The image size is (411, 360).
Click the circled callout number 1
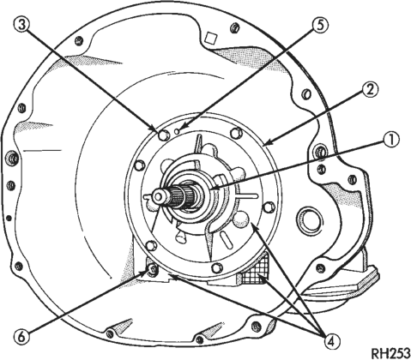390,141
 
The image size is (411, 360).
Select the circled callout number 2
371,91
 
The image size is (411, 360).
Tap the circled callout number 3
22,25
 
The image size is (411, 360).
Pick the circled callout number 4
332,341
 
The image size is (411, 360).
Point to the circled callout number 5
320,25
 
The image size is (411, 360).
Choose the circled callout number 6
22,338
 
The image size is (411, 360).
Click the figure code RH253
391,353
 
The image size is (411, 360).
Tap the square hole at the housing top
212,38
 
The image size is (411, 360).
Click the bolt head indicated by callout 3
163,135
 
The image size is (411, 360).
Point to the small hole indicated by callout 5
177,131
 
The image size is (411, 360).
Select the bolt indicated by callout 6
152,269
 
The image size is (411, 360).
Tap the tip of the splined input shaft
157,196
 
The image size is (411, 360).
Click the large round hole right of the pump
307,219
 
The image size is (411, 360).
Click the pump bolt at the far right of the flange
269,207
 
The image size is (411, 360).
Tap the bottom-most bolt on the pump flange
216,267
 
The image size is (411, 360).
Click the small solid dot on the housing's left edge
9,219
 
